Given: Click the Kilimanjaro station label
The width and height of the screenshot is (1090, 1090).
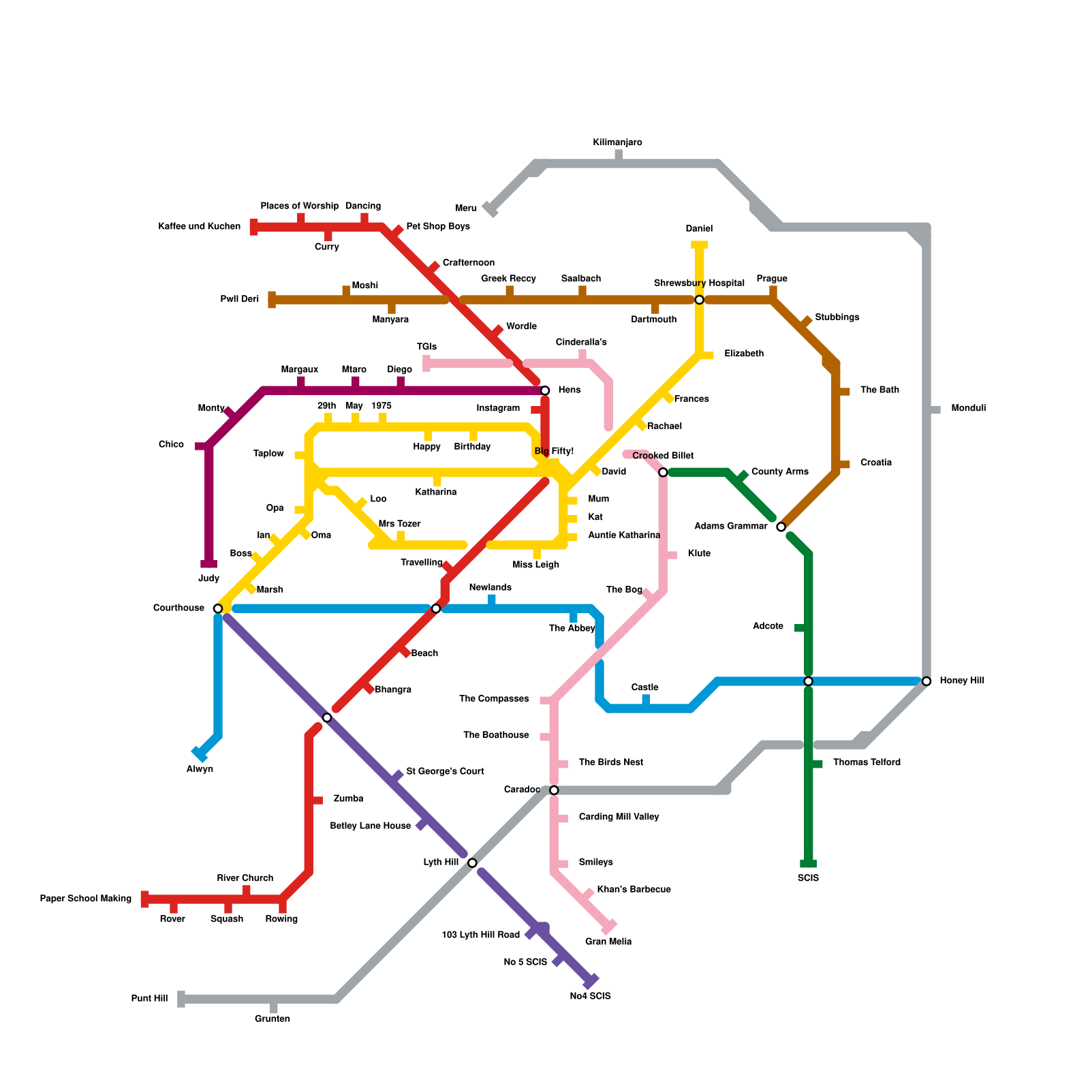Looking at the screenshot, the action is coord(617,142).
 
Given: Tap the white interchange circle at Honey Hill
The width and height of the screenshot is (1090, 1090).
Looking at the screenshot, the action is coord(926,681).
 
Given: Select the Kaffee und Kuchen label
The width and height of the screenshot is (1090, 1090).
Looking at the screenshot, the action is coord(199,226).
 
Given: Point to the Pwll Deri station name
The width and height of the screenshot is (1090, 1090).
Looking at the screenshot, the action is coord(240,299).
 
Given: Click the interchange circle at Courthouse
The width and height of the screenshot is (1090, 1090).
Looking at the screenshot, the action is coord(218,608).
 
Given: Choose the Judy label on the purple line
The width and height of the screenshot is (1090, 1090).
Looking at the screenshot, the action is coord(208,578).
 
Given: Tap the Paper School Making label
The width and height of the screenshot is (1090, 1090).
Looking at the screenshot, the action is coord(86,899).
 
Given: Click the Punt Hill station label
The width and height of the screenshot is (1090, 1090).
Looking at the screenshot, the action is coord(149,999).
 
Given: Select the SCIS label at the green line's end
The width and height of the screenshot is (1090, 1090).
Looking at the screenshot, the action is coord(808,878).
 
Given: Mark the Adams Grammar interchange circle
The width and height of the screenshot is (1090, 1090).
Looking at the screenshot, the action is coord(781,527).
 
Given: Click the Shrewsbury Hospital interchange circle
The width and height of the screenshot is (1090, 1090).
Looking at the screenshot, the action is coord(699,300).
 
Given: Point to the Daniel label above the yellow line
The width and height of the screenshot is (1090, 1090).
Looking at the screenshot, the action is coord(699,229).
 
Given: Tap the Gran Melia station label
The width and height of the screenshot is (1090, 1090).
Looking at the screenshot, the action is coord(608,941).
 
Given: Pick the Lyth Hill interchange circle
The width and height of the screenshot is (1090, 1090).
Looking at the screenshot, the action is coord(472,862).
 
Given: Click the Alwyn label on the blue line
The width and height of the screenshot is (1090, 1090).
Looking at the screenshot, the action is coord(200,769).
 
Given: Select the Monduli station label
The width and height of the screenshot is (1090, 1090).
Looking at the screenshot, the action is coord(968,408).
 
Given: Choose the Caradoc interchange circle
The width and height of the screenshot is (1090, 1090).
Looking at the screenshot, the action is coord(554,790).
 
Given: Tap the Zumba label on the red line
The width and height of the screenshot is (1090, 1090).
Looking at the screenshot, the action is coord(348,798).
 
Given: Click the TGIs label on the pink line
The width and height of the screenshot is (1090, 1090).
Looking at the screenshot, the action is coord(426,347).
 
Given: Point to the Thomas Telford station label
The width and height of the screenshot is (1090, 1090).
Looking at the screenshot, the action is coord(867,762).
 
